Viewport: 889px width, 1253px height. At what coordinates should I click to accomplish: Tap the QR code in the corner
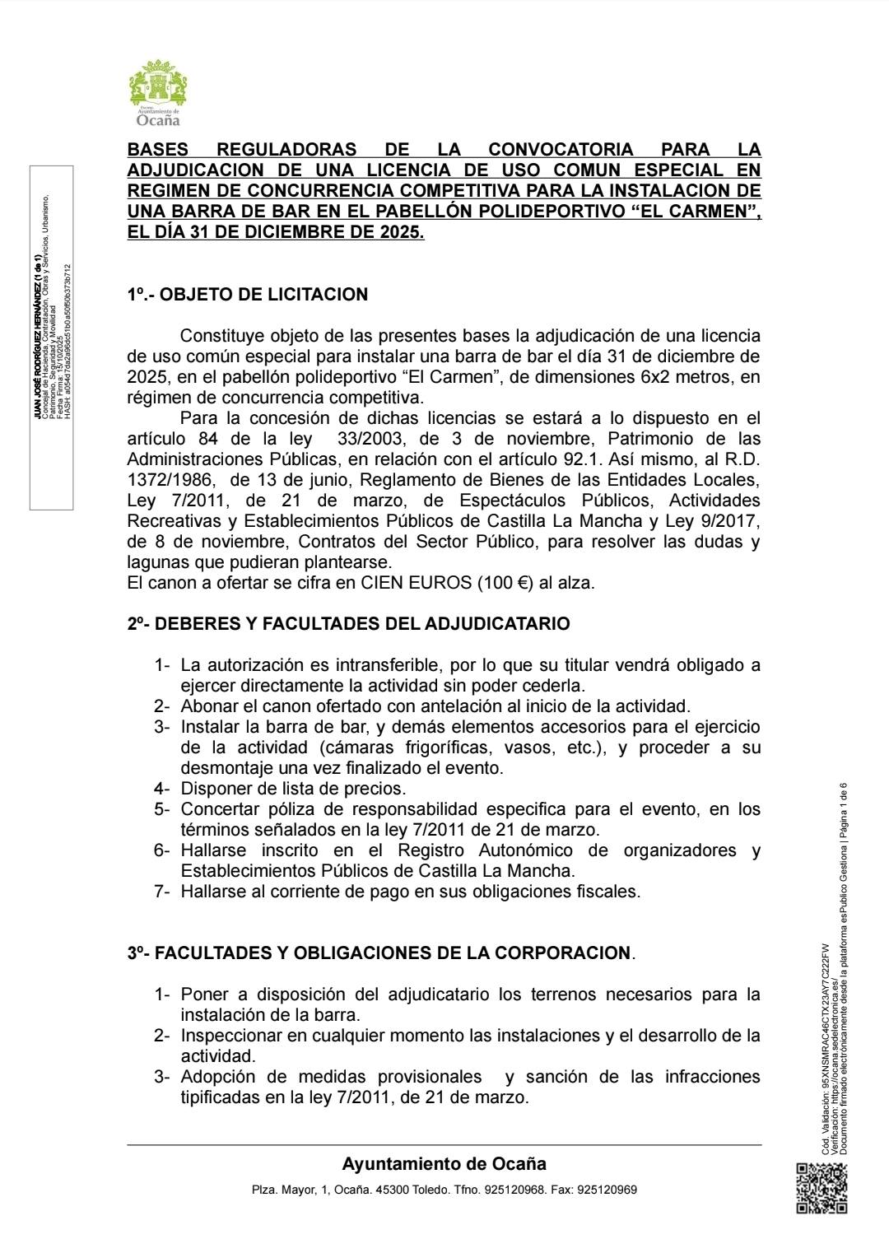[822, 1187]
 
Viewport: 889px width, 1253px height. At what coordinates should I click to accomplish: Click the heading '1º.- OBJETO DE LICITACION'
[247, 295]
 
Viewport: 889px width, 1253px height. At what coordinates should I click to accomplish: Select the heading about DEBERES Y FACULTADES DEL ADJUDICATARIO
[348, 624]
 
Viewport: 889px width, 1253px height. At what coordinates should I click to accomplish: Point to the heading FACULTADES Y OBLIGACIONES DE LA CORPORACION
[381, 953]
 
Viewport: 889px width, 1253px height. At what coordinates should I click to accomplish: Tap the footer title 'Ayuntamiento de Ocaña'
[444, 1164]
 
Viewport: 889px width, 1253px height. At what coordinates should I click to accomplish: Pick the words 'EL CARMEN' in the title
[702, 212]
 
